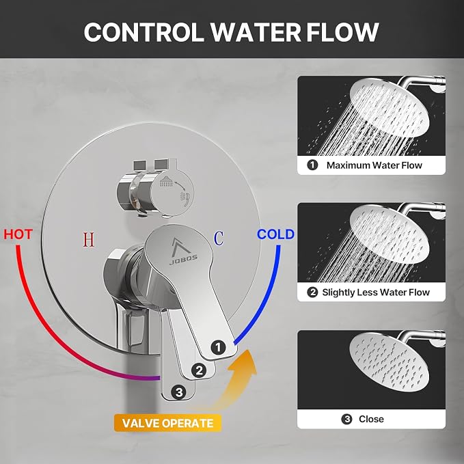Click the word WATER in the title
coord(256,32)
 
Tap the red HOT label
coord(18,234)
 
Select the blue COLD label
coord(275,234)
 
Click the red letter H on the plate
coord(88,240)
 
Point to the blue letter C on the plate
coord(219,238)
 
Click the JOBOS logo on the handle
coord(183,251)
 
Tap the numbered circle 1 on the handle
coord(219,347)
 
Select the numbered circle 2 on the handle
coord(199,370)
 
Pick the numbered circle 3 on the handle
coord(179,392)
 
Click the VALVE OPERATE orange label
coord(168,423)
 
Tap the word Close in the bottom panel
coord(371,419)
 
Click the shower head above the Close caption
coord(389,361)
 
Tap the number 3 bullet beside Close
coord(346,419)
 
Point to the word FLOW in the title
coord(342,32)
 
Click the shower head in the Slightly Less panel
coord(389,234)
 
